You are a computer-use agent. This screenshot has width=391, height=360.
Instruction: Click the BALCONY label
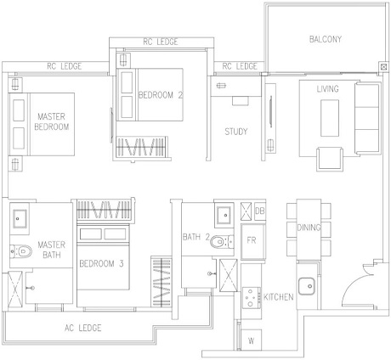click(x=326, y=39)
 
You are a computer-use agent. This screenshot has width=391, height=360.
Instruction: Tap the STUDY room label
click(x=236, y=132)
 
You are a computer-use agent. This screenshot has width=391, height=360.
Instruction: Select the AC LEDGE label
click(x=82, y=328)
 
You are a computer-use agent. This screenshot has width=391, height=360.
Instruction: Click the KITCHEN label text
click(x=279, y=297)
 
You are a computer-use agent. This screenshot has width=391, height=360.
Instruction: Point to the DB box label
click(x=260, y=211)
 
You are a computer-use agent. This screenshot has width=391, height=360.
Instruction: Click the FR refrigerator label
click(x=252, y=240)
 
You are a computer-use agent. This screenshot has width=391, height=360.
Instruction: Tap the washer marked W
click(x=251, y=340)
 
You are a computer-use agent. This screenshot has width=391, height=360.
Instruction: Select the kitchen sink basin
click(x=306, y=286)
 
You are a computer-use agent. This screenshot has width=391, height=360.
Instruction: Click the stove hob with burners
click(x=252, y=298)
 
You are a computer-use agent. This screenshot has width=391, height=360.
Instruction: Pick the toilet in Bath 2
click(x=222, y=242)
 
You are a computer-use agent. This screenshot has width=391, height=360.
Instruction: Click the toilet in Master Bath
click(x=20, y=251)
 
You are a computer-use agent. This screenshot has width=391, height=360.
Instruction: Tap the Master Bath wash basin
click(x=20, y=218)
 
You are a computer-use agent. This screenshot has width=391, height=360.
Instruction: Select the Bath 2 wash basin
click(x=224, y=216)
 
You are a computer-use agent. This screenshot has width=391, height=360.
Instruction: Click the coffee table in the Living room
click(x=330, y=118)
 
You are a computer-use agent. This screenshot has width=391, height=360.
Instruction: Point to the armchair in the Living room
click(x=330, y=159)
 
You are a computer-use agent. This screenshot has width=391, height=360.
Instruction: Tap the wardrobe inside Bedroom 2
click(x=141, y=147)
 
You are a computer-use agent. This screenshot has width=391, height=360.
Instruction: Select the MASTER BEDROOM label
click(x=52, y=121)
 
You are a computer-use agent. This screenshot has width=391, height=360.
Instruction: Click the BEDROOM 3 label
click(x=101, y=264)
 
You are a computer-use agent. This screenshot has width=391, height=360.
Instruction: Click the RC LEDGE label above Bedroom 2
click(x=161, y=42)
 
